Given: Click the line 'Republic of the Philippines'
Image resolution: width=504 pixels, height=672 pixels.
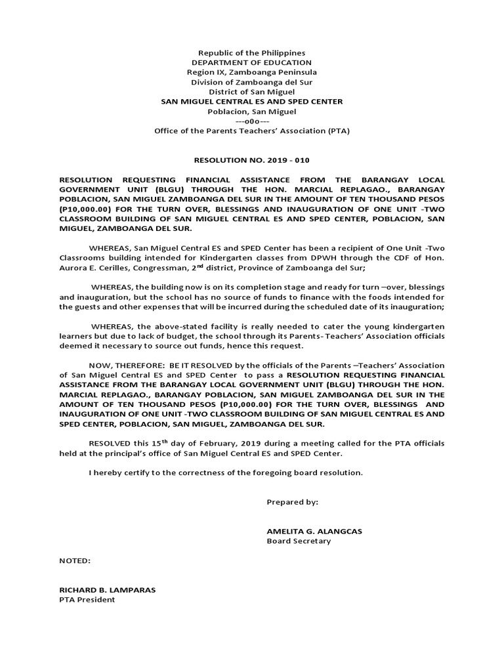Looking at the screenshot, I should coord(252,52).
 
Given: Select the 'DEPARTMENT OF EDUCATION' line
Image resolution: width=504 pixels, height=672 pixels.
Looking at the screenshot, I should coord(252,62).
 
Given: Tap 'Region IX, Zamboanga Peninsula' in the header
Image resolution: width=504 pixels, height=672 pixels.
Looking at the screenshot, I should coord(252,72).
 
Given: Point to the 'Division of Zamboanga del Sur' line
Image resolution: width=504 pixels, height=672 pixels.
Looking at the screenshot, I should coord(252,82).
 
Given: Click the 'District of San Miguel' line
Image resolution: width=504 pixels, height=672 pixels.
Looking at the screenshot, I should coord(252,92).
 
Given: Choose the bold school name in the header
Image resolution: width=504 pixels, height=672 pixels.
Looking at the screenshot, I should coord(252,102).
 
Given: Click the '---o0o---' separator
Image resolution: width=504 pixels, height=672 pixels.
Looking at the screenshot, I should coord(252,121).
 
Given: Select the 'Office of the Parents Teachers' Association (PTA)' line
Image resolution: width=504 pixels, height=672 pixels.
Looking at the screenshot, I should coord(252,131).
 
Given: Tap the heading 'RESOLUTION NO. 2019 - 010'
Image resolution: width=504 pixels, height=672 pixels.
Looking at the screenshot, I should coord(252,159).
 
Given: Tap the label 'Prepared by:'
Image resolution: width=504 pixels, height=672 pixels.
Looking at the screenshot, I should coord(292,502).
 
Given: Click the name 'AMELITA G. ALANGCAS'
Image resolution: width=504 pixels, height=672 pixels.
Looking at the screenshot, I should coord(313,532).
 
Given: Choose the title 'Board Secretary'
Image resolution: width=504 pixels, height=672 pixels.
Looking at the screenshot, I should coord(299,541).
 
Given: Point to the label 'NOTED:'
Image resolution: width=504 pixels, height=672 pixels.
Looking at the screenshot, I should coord(75,561).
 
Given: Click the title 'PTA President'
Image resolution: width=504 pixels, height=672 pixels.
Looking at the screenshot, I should coord(87,600).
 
